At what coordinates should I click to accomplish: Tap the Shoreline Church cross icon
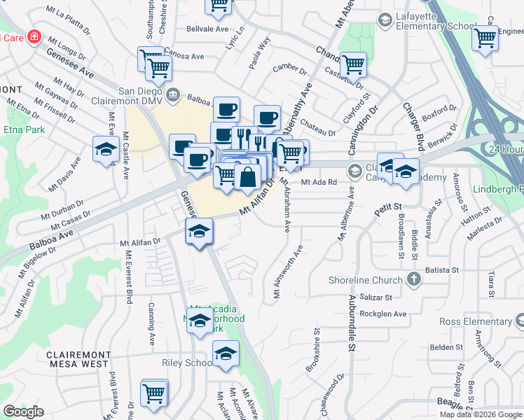(413, 280)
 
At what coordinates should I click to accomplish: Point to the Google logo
(23, 412)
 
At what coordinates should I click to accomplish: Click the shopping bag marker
(247, 178)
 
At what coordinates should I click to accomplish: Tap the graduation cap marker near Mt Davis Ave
(106, 149)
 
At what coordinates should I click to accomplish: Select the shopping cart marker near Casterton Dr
(353, 65)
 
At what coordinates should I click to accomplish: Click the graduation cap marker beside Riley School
(225, 354)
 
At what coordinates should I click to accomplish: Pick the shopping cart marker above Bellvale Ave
(219, 6)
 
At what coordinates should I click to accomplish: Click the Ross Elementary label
(475, 321)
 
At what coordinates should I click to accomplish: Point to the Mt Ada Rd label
(319, 182)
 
